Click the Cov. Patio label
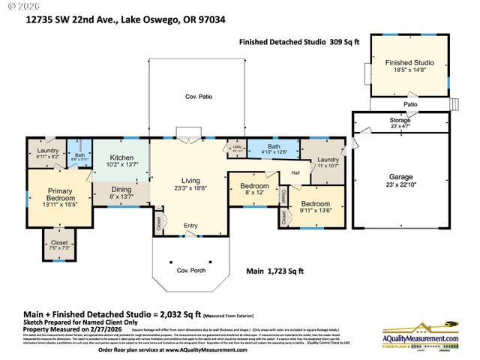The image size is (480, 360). pos(197,97)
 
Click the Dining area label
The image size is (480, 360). pos(121,190)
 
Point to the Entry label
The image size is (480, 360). pos(190,225)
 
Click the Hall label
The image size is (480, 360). pos(295,173)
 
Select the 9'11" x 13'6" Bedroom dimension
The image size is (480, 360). pos(315,211)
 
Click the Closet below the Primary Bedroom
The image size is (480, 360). pos(58,243)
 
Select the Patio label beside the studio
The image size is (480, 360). pos(410,104)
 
